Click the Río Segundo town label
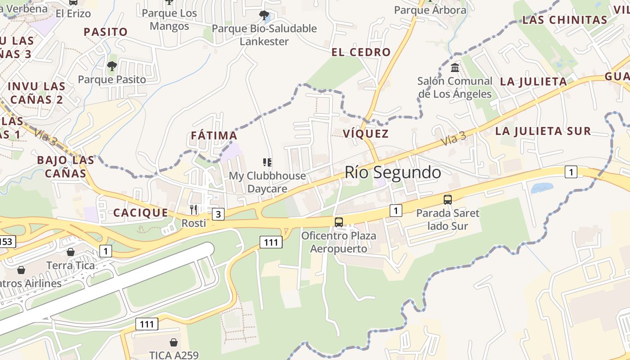393,172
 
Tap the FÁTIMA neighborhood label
214,135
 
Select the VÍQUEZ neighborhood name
366,134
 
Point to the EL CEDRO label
361,52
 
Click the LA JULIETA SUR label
543,131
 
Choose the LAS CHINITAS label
565,20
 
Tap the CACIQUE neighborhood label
140,213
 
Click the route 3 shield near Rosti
218,214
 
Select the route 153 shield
6,242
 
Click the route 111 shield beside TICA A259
147,324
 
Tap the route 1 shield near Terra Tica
105,251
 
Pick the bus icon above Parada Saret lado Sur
447,199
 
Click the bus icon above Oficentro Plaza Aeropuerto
339,222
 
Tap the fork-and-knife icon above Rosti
193,209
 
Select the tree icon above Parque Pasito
112,67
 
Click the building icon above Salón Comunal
454,68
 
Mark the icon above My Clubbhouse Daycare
267,162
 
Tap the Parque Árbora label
430,10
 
